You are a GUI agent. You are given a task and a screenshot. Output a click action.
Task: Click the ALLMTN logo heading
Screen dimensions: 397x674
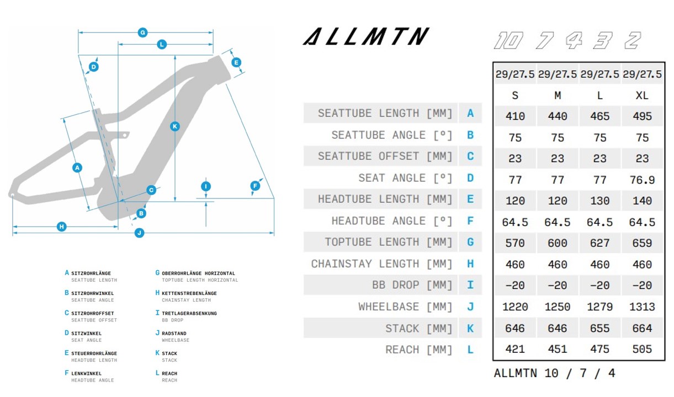(365, 37)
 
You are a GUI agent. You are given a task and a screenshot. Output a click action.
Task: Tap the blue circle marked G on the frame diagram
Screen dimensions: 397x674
(142, 33)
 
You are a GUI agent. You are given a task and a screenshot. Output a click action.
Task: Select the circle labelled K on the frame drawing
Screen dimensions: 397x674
(175, 126)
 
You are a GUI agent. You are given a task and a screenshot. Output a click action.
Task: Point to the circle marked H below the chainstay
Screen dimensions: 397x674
(62, 226)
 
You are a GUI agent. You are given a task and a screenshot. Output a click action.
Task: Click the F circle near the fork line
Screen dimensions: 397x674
(255, 186)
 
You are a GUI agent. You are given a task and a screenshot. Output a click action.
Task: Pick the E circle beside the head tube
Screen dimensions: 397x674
(236, 62)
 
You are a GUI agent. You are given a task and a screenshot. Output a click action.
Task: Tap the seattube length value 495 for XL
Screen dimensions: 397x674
(642, 116)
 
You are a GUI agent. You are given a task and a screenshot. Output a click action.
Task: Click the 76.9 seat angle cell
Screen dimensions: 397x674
(642, 180)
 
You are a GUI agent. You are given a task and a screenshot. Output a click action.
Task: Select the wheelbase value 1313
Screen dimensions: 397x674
(642, 307)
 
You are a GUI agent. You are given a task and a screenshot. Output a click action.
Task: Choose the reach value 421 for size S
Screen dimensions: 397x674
(515, 349)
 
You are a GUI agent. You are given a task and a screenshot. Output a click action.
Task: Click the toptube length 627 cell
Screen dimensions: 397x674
(599, 243)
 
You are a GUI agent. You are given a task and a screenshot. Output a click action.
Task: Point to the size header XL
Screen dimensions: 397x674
(642, 95)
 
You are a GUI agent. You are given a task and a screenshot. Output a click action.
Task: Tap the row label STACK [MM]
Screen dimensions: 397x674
(418, 329)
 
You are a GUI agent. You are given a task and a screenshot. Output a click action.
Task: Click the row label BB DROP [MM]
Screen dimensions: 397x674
(412, 286)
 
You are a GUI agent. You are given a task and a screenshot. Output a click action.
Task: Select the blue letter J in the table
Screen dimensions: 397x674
(470, 307)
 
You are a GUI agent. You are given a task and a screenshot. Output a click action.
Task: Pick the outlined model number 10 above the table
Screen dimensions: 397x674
(507, 41)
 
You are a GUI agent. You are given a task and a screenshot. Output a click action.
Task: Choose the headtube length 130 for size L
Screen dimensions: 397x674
(599, 201)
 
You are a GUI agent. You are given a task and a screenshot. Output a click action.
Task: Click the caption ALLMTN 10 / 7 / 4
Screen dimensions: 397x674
(554, 373)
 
